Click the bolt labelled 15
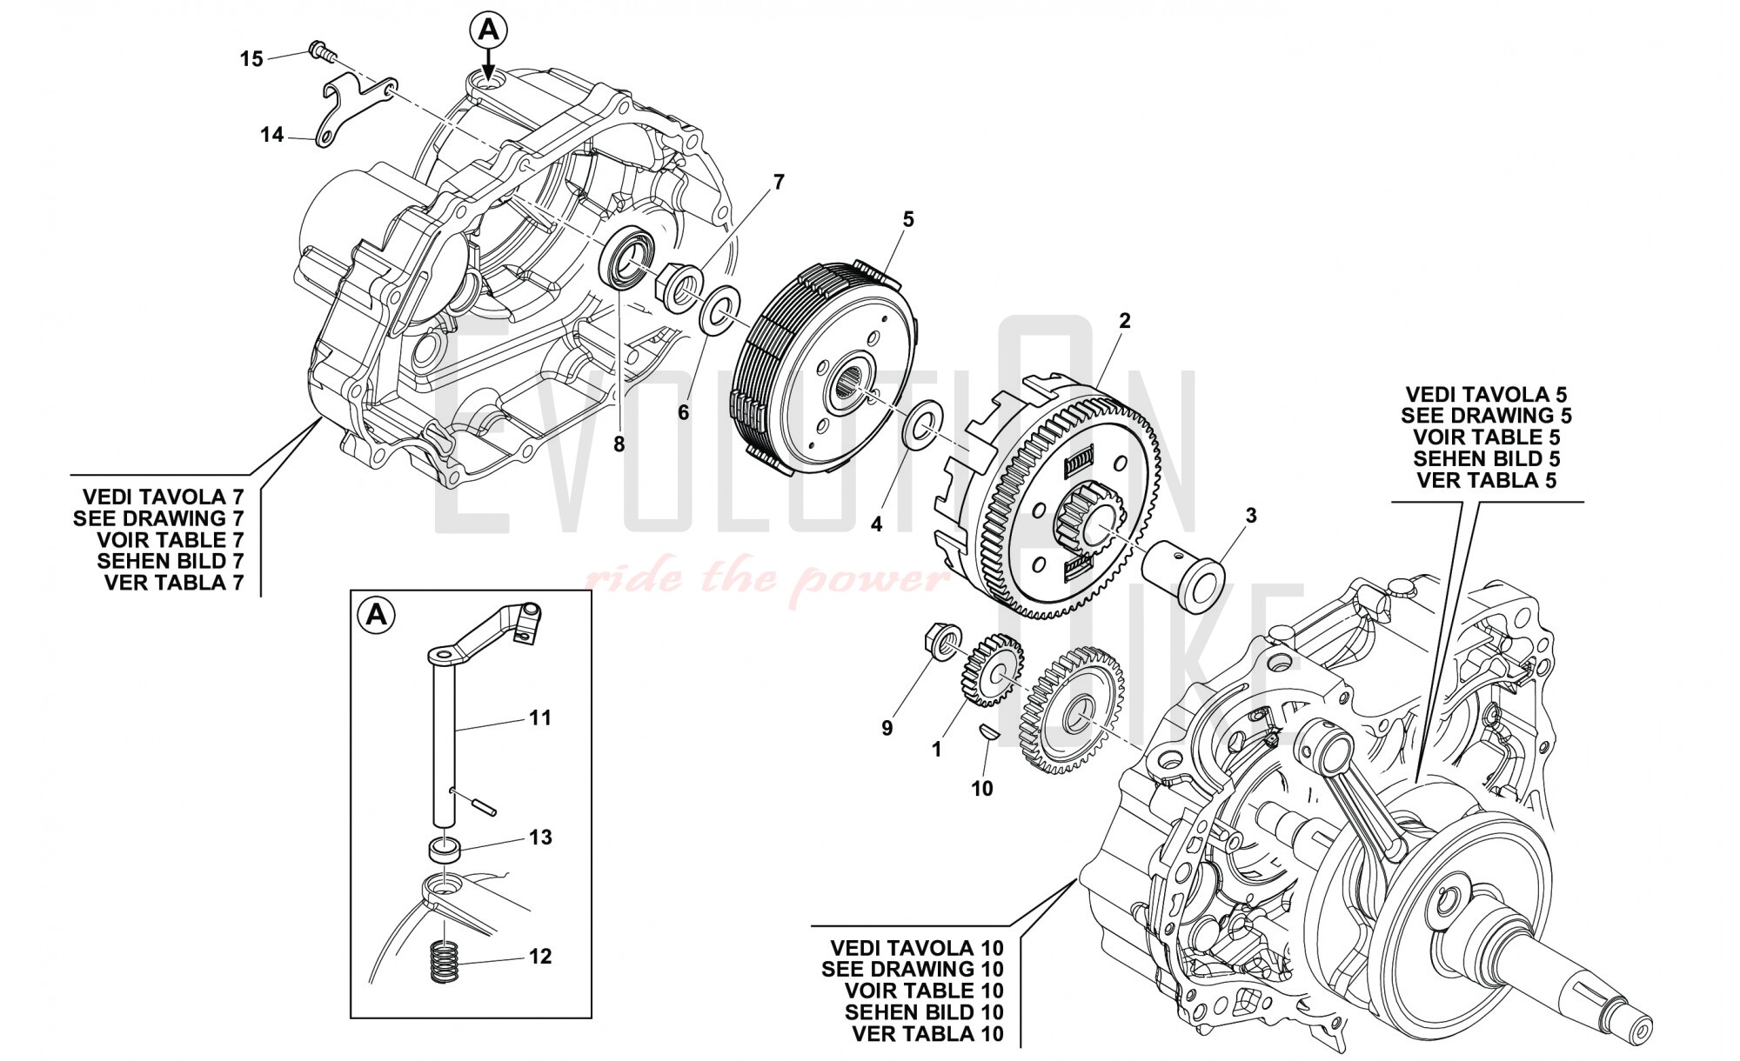pos(320,51)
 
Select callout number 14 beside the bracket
pos(272,136)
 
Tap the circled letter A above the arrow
pos(488,30)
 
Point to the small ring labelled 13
pos(446,849)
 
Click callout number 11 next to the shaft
pos(540,718)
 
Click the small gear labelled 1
pos(992,671)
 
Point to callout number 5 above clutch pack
pos(908,220)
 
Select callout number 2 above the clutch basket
pos(1124,321)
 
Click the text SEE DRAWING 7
pos(158,518)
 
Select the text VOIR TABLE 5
pos(1486,437)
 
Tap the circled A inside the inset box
pos(377,616)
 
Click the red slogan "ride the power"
pos(766,577)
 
